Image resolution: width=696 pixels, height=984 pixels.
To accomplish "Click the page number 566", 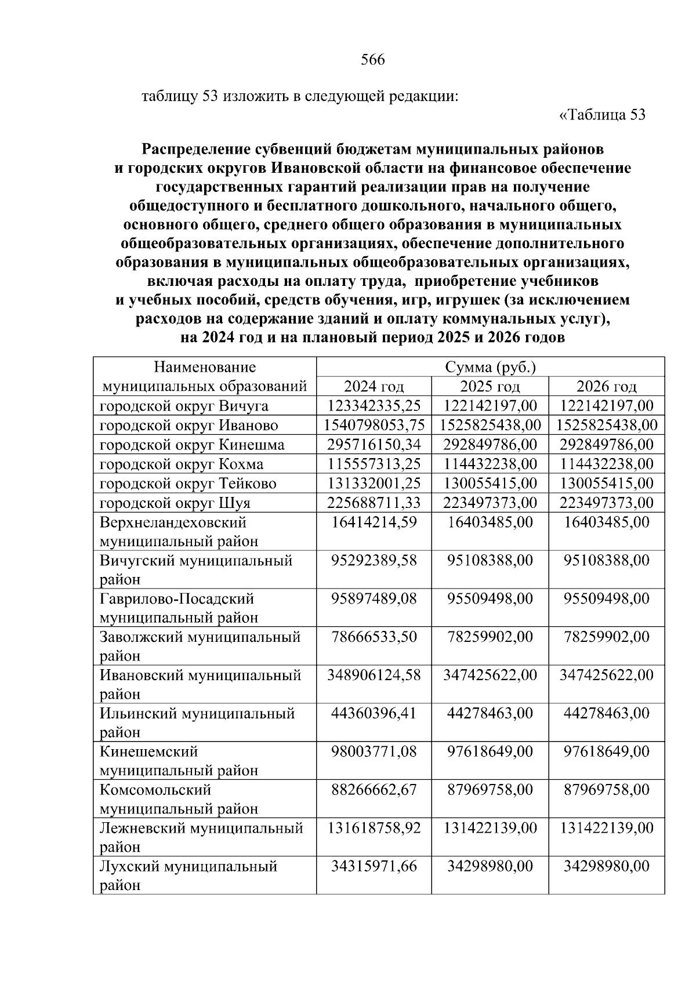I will [x=372, y=60].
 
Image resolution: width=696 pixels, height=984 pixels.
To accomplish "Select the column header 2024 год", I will [x=374, y=387].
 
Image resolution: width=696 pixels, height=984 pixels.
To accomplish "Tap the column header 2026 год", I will [x=606, y=387].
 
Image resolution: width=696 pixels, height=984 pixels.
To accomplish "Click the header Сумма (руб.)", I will [x=490, y=368].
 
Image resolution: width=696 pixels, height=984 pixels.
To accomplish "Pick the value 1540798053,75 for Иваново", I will [x=374, y=425].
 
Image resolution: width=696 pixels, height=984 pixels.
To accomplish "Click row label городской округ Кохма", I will [x=182, y=464].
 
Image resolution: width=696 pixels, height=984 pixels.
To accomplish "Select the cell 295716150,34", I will [x=374, y=445].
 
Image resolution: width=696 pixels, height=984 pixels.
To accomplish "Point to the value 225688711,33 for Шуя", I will [x=374, y=502].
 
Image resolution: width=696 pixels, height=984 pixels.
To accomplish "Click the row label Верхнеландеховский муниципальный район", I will [x=179, y=532].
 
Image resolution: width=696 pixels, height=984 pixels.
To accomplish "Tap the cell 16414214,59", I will [x=374, y=522].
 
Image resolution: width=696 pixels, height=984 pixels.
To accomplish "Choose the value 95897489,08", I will [x=374, y=598].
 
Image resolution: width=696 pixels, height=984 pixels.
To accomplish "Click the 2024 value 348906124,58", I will [x=374, y=675].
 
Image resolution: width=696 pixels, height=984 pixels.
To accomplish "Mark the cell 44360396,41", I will [x=374, y=713].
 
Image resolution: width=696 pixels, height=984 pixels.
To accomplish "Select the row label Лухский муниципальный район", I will [x=188, y=876].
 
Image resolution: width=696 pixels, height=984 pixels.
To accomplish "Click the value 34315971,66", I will [x=374, y=866].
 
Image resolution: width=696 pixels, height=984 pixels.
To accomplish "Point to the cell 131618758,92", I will [x=374, y=828].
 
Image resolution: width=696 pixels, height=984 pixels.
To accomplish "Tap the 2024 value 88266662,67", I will [x=374, y=790].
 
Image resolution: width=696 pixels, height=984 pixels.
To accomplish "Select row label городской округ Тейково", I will [x=188, y=483].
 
